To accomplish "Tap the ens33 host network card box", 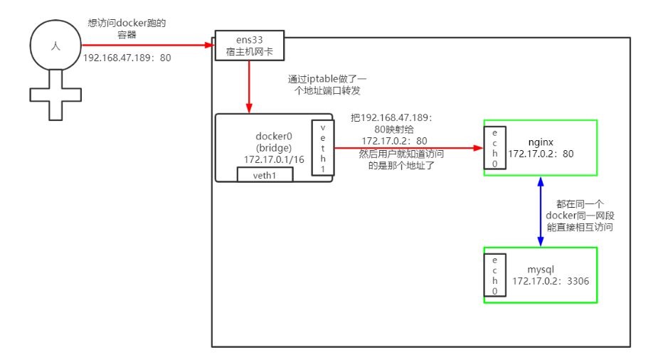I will (x=249, y=45).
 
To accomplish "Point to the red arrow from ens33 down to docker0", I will (x=249, y=86).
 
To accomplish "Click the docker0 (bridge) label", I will (x=274, y=142).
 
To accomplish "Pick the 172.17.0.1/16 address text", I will (x=274, y=159).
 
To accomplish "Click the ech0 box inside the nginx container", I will (x=494, y=148).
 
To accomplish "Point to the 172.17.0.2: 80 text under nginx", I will (x=541, y=154).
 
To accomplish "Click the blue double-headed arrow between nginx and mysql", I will (x=541, y=211).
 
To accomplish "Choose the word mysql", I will (x=541, y=270).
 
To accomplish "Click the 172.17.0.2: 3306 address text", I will (x=551, y=282).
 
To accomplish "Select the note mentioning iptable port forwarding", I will (x=328, y=85).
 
